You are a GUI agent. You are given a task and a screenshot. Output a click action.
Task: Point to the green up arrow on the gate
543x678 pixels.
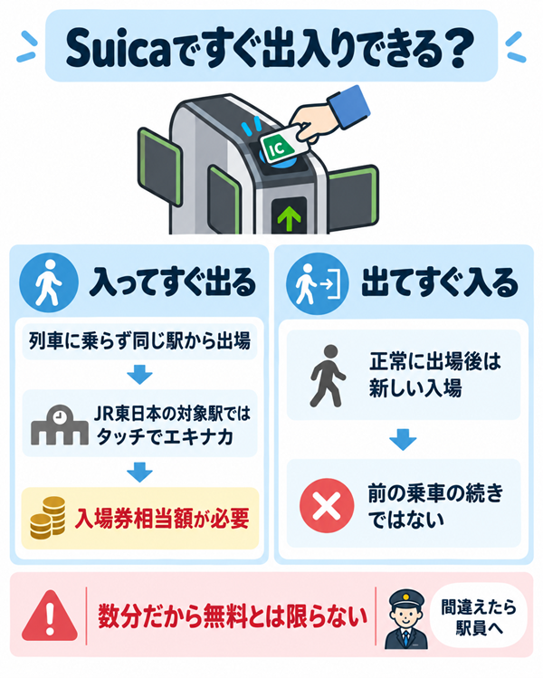(289, 219)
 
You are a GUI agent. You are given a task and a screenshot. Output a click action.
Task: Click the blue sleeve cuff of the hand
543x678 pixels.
(349, 107)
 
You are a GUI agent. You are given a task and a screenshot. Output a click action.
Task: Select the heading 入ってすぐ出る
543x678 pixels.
(173, 282)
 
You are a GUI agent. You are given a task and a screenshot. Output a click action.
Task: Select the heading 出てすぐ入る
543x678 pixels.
(439, 282)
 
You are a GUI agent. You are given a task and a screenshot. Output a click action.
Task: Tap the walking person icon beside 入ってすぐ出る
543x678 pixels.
(49, 282)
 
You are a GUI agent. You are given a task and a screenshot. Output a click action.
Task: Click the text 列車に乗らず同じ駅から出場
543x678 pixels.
(139, 340)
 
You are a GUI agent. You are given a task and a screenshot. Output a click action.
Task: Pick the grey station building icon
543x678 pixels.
(59, 425)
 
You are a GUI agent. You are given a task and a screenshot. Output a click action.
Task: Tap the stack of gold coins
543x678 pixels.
(48, 518)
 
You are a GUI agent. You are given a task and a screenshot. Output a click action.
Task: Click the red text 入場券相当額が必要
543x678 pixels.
(162, 518)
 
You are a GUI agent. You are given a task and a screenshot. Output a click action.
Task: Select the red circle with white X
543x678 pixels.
(327, 505)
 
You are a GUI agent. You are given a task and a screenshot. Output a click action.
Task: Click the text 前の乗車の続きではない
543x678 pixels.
(435, 506)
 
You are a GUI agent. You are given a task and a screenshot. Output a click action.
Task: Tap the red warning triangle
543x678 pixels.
(50, 616)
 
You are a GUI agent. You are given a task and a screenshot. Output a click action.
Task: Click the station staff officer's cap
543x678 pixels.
(406, 599)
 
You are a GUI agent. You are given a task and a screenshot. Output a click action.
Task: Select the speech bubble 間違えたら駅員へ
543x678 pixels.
(479, 616)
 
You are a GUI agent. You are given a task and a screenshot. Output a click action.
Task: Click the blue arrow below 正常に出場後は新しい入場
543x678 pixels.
(403, 439)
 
